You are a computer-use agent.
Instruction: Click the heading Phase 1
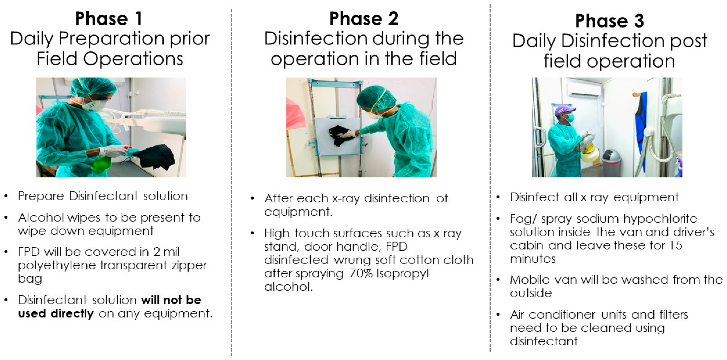point(109,19)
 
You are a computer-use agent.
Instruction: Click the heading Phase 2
point(364,19)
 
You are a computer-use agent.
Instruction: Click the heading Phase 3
point(610,21)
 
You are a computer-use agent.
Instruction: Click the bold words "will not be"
point(171,300)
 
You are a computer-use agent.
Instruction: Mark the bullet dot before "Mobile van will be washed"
point(498,280)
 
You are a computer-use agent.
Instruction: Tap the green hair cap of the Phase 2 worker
point(376,97)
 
